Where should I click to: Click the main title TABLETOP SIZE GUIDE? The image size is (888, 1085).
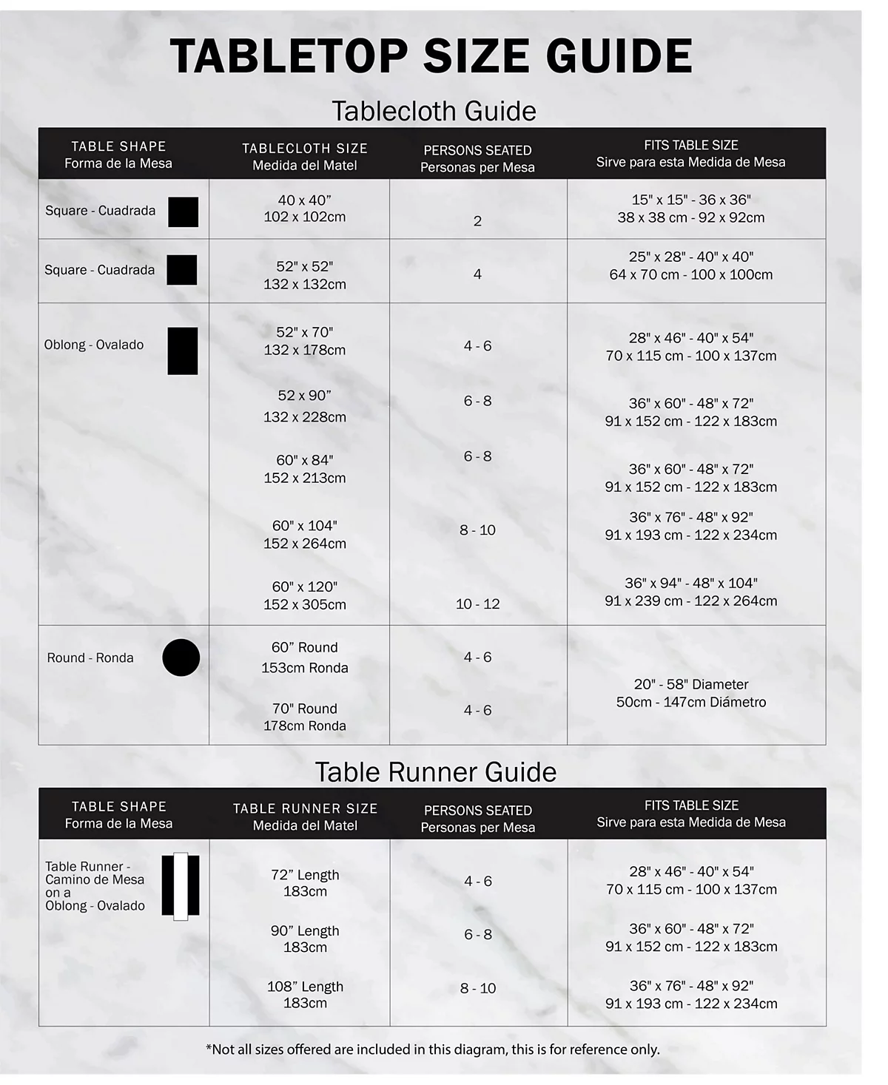(x=431, y=56)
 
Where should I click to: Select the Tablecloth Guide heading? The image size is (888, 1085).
(x=434, y=111)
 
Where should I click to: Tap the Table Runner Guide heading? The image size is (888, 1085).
(x=436, y=771)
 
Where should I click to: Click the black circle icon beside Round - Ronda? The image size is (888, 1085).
(x=181, y=658)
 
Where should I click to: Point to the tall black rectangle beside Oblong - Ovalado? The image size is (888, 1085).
(x=183, y=351)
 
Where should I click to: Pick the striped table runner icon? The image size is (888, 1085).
(x=181, y=886)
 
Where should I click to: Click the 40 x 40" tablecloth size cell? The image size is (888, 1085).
(x=304, y=209)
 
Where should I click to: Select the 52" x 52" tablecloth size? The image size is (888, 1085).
(x=304, y=274)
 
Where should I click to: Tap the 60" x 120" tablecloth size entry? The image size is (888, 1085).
(x=304, y=595)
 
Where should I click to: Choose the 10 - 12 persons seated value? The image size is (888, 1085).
(x=477, y=604)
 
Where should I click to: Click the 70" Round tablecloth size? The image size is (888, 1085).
(x=304, y=717)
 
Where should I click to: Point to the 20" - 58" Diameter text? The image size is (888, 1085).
(x=691, y=685)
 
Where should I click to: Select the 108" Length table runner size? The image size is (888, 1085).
(x=305, y=995)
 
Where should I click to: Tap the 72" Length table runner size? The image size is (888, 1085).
(x=305, y=882)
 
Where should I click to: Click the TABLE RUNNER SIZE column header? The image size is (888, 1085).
(x=305, y=817)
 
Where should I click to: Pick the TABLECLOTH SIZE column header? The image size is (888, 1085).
(x=304, y=157)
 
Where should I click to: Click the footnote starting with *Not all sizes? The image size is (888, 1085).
(x=432, y=1049)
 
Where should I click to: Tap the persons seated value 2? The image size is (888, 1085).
(x=477, y=221)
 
